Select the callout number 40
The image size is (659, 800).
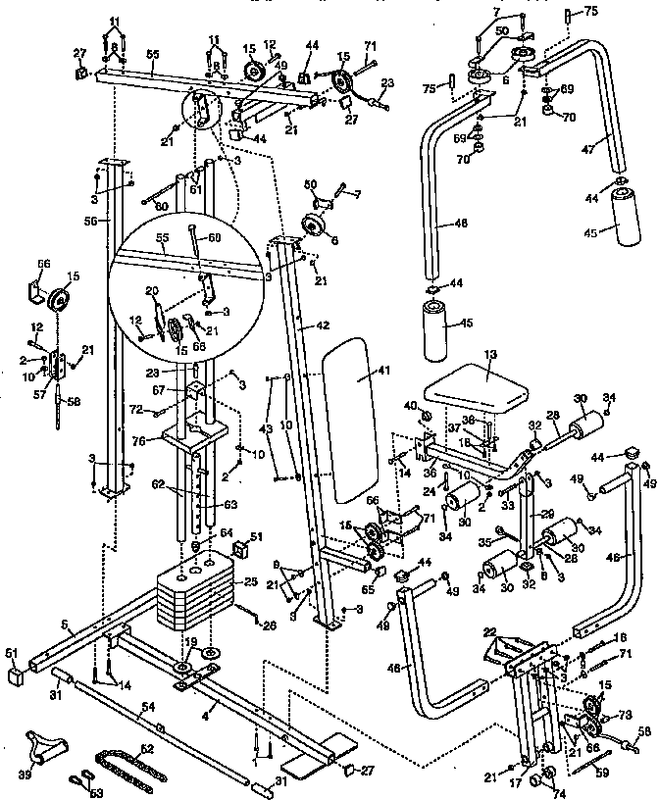pos(410,406)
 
